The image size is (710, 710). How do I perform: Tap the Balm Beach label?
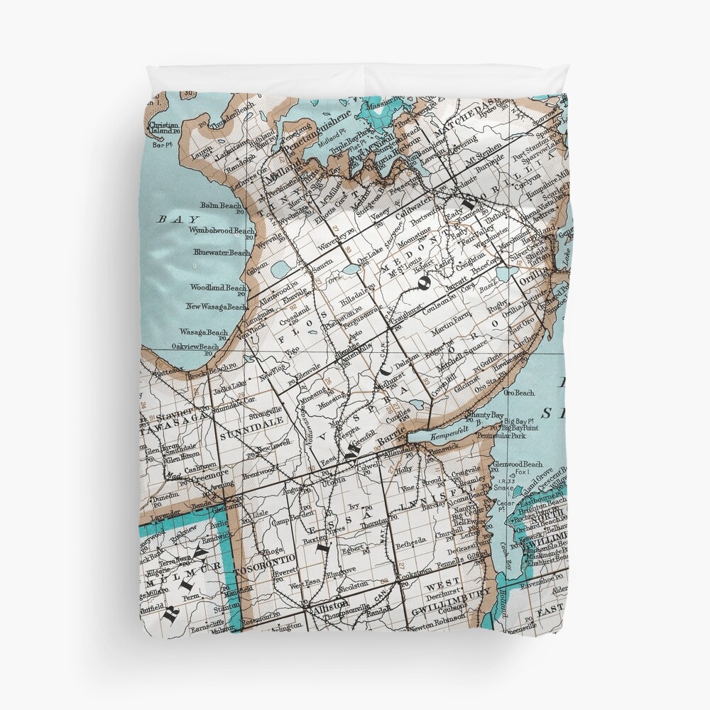click(x=221, y=205)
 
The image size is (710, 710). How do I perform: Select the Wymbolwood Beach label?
click(x=221, y=231)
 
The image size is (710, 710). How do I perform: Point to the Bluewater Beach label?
click(x=220, y=253)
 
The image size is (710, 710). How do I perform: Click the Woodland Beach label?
click(x=217, y=288)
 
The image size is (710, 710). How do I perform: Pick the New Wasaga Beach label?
click(x=217, y=307)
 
